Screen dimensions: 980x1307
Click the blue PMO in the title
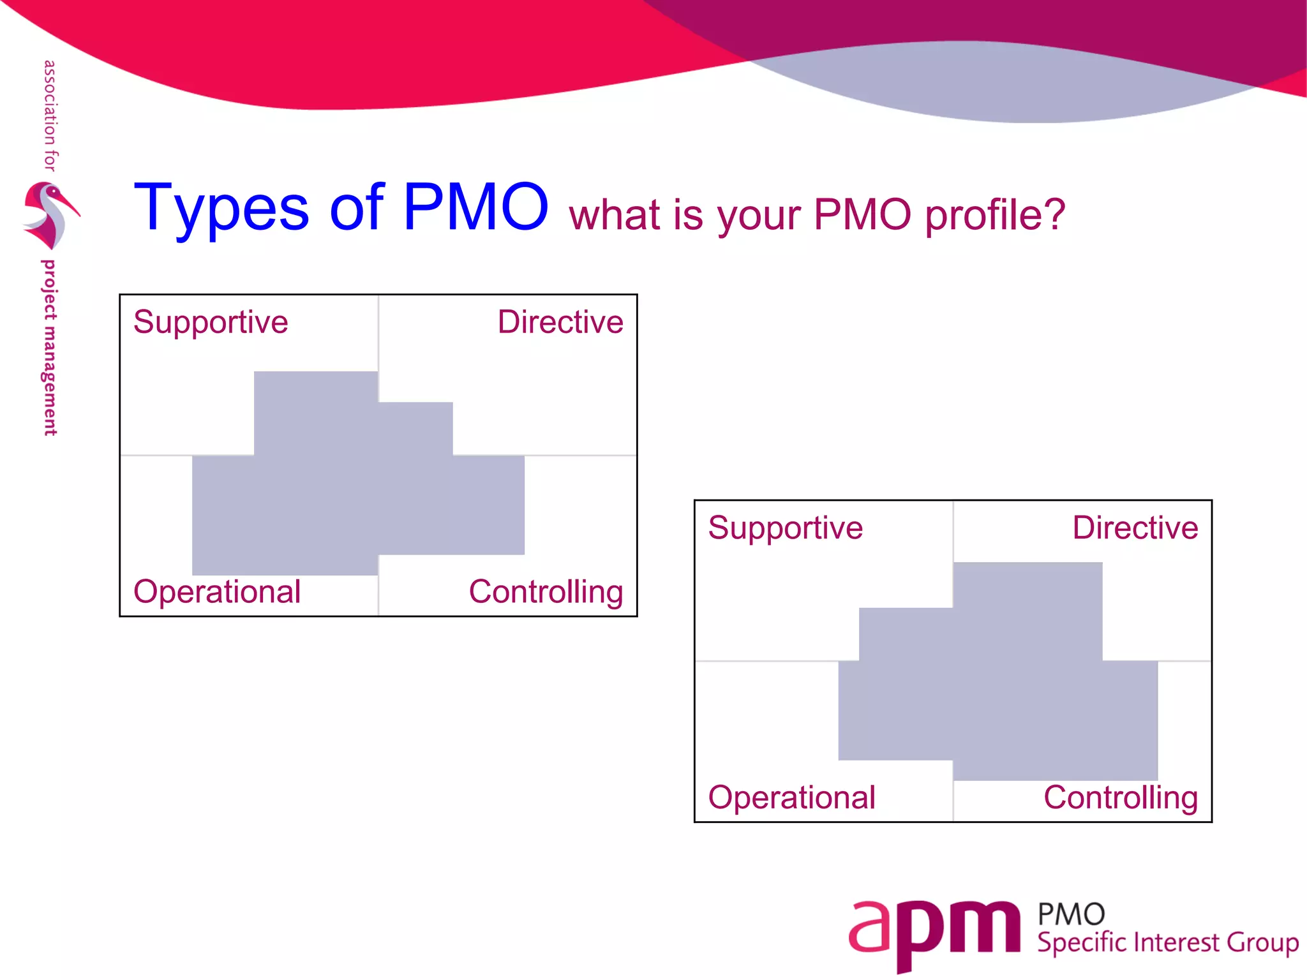(475, 207)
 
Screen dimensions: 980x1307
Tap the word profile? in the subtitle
(995, 216)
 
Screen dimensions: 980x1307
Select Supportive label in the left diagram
(211, 322)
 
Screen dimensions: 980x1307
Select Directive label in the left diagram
(560, 322)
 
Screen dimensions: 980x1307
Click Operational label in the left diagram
(217, 591)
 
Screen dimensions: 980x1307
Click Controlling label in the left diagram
(546, 592)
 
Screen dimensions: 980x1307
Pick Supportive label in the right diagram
(785, 528)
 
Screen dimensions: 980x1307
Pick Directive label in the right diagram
(1135, 528)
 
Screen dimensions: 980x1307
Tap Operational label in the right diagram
(791, 798)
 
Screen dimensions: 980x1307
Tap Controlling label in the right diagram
(1121, 798)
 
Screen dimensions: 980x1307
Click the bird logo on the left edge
(50, 215)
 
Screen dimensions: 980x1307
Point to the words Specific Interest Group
(1167, 943)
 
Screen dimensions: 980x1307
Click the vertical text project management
(49, 348)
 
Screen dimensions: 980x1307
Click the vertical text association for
(50, 115)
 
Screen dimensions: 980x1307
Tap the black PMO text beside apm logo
(1071, 914)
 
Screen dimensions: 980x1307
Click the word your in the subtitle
(759, 217)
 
